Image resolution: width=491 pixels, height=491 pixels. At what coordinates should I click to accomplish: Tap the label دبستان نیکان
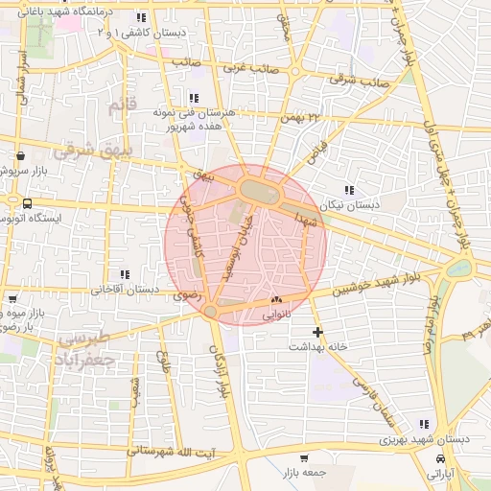tap(377, 205)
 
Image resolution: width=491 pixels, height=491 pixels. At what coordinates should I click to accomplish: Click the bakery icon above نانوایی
tap(275, 300)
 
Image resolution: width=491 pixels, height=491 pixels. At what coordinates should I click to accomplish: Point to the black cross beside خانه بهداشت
tap(318, 332)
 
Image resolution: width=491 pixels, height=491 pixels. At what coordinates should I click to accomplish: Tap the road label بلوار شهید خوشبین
tap(375, 284)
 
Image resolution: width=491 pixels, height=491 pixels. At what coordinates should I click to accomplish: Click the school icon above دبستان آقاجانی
tap(122, 274)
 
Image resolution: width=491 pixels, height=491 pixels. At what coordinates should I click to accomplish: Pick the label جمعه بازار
tap(305, 474)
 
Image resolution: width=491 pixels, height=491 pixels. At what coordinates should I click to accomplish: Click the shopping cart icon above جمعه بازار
tap(304, 458)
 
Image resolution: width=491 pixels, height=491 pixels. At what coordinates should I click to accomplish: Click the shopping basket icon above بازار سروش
tap(20, 155)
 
